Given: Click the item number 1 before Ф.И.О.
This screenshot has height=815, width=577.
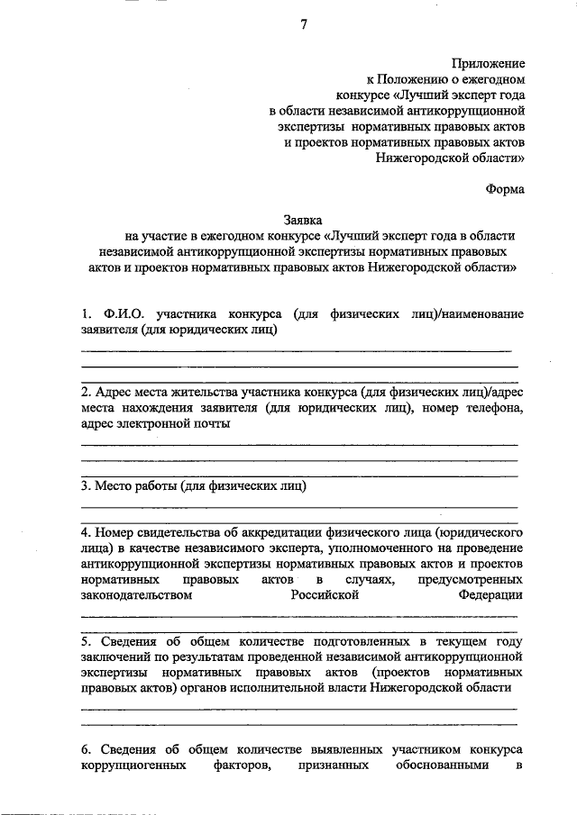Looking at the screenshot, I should tap(86, 314).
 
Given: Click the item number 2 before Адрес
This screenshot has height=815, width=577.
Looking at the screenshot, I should tap(85, 394).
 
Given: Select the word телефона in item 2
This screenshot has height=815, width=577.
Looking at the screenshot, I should tap(494, 409).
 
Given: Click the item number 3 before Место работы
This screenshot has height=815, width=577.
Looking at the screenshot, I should tap(85, 487).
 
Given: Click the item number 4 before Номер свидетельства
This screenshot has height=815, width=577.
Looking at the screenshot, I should tap(85, 533).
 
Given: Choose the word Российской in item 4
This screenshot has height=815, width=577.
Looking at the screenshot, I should tap(325, 595).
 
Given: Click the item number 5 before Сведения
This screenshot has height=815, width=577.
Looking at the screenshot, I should tap(85, 641).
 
